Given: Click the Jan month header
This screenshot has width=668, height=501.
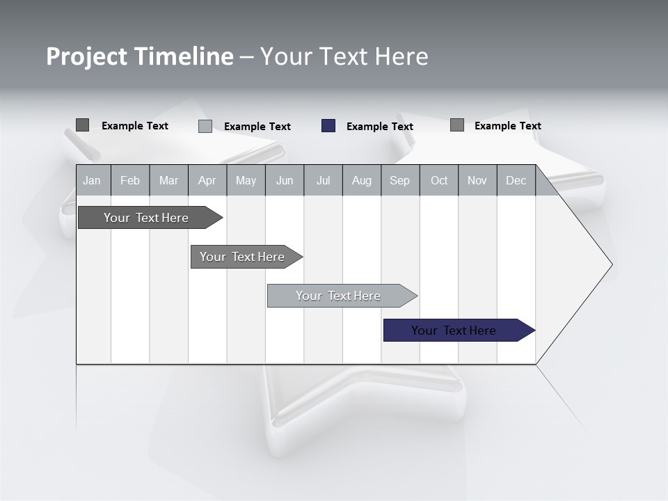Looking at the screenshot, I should [92, 180].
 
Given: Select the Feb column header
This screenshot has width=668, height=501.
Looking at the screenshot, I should [130, 180].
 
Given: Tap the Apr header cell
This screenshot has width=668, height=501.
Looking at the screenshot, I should [207, 180].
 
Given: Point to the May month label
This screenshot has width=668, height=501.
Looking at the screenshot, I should [246, 180].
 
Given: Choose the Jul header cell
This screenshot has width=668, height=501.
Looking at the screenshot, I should [323, 180].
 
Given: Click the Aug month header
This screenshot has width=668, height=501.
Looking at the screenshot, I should [361, 180].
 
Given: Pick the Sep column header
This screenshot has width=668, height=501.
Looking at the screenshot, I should [399, 180].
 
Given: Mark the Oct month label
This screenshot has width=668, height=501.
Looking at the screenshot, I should [439, 180].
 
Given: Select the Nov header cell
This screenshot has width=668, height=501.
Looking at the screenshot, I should [477, 180].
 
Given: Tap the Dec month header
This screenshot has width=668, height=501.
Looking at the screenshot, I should [516, 180].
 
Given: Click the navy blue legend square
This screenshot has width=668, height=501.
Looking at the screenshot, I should [328, 126].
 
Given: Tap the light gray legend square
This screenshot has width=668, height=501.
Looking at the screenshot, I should [205, 126].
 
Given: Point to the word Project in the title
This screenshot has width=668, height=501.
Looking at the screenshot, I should [86, 56].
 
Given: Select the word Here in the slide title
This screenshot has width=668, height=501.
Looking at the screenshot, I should [401, 56].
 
